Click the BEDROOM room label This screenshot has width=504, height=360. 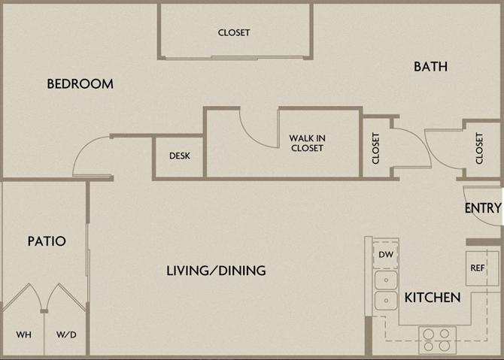click(80, 83)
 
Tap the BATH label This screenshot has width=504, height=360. click(430, 66)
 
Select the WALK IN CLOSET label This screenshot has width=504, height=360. click(306, 143)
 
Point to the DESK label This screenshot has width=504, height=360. click(179, 156)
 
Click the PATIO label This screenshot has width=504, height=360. click(47, 241)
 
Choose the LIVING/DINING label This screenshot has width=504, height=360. click(216, 271)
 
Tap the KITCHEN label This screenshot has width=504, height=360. click(433, 298)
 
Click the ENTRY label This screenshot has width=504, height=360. click(482, 208)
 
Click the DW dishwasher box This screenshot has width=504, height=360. click(386, 255)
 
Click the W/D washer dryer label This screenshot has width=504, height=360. click(65, 334)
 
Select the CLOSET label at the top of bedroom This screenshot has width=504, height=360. click(234, 32)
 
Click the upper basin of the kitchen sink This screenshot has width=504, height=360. click(386, 281)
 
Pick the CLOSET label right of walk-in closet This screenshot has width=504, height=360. click(376, 148)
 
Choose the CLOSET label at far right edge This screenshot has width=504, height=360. click(480, 148)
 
